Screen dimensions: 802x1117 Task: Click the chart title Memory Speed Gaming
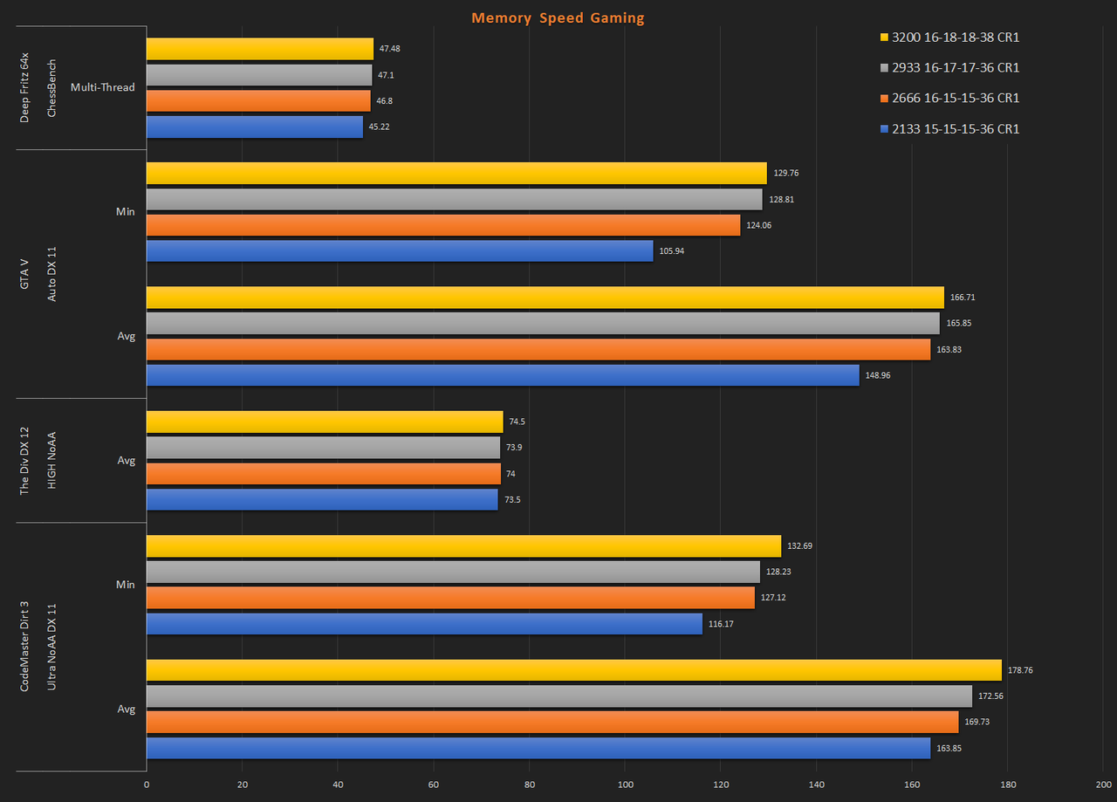click(558, 17)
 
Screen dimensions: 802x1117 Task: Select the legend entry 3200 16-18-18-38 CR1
click(956, 38)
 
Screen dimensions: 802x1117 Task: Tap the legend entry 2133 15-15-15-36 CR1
click(956, 129)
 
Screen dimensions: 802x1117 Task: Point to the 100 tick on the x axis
click(625, 784)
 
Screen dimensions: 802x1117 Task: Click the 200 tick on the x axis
click(1103, 784)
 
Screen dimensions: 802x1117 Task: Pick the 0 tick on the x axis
click(147, 784)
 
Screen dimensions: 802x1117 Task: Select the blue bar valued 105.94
click(400, 251)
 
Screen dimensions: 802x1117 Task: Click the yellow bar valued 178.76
click(574, 670)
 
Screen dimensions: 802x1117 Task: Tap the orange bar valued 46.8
click(258, 101)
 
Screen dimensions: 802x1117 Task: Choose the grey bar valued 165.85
click(543, 323)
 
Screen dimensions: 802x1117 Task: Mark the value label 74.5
click(517, 422)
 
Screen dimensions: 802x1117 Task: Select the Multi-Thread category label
click(102, 88)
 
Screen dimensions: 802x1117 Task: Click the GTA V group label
click(24, 274)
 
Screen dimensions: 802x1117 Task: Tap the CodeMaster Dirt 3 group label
click(24, 647)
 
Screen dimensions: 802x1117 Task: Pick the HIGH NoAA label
click(51, 460)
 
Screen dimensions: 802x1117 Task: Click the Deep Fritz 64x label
click(24, 87)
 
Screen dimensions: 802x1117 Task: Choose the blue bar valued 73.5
click(322, 500)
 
